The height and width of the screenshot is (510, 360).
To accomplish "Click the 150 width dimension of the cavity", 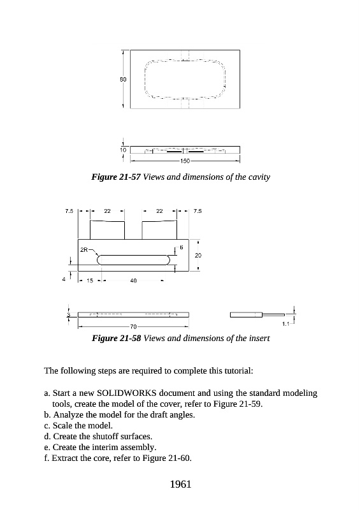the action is point(185,161).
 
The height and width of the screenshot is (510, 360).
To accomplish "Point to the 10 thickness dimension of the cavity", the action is point(123,150).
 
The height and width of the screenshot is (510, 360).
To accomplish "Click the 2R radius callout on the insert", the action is point(84,250).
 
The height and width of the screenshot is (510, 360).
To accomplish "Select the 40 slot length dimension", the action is point(133,280).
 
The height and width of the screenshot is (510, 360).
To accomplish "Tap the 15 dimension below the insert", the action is point(90,280).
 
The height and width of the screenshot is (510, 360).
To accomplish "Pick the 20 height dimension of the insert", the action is point(198,256).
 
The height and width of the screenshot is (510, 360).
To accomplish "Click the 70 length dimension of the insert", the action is point(133,326).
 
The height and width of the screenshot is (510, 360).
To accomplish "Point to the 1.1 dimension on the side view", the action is point(285,324).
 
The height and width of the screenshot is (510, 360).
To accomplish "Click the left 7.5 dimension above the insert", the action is point(69,211).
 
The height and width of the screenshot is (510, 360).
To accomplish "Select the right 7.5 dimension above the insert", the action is point(198,211).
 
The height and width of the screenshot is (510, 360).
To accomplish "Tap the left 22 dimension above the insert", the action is point(107,211).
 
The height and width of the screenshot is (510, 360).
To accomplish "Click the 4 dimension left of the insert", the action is point(64,279).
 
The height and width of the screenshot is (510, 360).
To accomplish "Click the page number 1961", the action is point(180,484).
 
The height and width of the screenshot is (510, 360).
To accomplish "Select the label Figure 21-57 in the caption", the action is point(116,177).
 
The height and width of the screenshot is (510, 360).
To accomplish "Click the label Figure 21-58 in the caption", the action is point(116,339).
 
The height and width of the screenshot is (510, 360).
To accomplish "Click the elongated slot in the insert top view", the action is point(134,256).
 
